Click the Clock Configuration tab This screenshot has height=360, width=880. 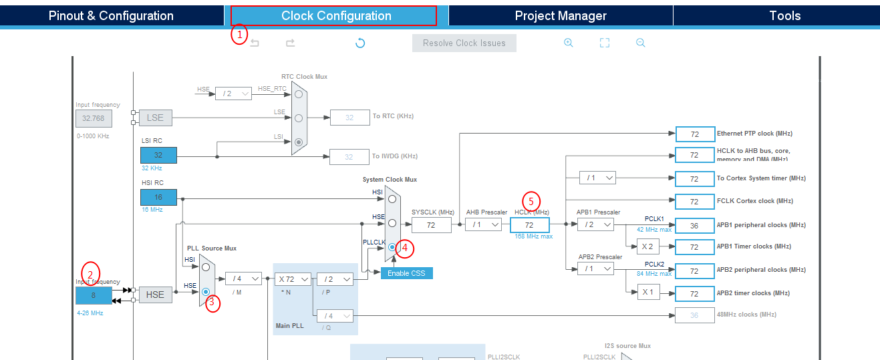click(336, 16)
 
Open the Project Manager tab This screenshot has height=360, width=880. click(561, 16)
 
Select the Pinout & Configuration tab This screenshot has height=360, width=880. click(111, 16)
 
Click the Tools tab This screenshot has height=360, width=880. click(784, 16)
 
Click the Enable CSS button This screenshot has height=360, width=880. click(407, 273)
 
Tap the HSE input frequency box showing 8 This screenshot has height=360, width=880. click(94, 295)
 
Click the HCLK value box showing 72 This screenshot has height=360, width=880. click(529, 225)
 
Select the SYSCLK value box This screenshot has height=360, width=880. click(431, 225)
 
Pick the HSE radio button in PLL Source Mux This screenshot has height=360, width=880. click(206, 292)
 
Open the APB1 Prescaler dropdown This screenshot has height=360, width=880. click(595, 225)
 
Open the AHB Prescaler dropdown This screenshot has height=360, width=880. click(484, 225)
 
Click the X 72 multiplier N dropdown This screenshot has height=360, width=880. click(293, 279)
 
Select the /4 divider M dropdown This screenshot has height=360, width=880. click(243, 279)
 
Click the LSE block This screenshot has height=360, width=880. click(155, 118)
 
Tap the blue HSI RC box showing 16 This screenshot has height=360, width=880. click(158, 198)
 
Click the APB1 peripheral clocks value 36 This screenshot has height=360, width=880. click(695, 226)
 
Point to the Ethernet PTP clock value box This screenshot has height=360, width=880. click(695, 134)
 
